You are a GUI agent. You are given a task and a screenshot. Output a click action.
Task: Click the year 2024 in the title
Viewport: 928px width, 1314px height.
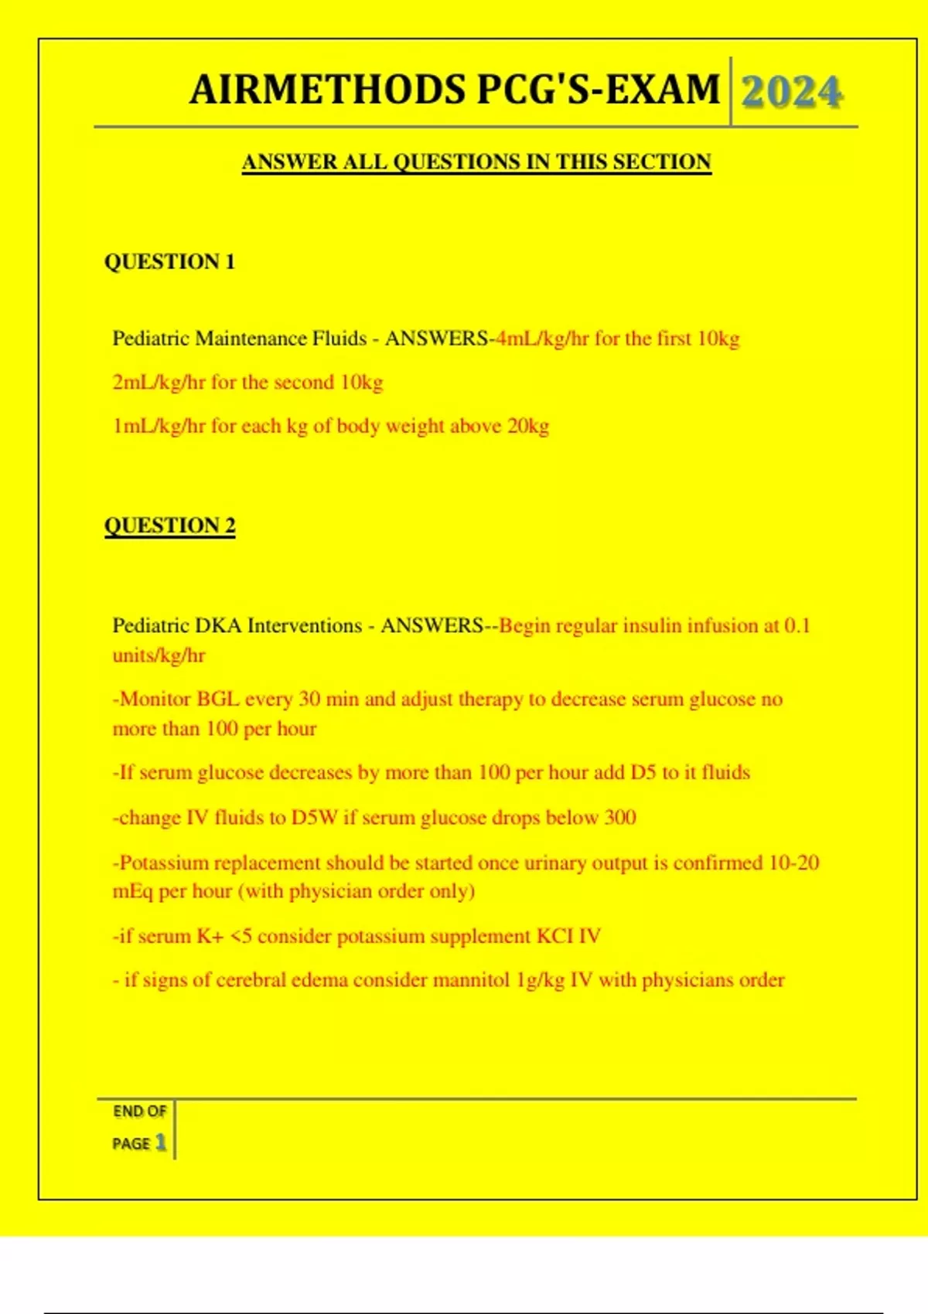[791, 92]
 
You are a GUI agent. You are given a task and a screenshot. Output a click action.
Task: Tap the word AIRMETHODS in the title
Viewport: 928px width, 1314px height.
[327, 90]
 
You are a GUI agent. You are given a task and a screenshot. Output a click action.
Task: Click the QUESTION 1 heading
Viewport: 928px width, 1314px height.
[169, 262]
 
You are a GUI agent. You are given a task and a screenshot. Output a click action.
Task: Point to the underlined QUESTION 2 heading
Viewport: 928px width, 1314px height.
[169, 526]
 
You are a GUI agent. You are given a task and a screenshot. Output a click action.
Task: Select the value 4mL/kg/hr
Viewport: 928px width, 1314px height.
[542, 339]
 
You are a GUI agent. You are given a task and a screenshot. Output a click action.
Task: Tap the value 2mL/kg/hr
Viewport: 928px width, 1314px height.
[159, 383]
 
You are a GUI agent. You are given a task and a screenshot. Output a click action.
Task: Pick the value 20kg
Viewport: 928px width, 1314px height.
[527, 426]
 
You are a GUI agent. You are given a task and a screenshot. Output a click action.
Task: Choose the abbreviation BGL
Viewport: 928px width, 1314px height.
[217, 700]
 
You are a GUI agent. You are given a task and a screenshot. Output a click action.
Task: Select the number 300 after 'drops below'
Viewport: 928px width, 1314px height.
[619, 818]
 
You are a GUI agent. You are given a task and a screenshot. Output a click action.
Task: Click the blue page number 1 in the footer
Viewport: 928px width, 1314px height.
[160, 1142]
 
